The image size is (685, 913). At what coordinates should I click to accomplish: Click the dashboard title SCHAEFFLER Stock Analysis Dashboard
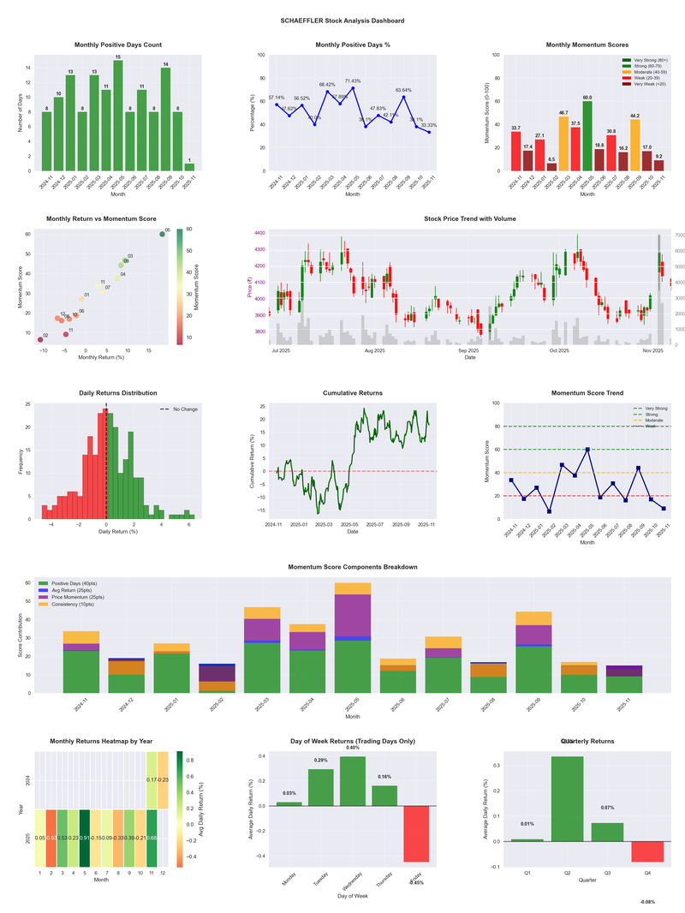coord(342,21)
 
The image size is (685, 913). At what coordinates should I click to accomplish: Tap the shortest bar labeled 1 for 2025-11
coord(189,166)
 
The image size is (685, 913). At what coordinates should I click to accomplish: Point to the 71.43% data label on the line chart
coord(353,81)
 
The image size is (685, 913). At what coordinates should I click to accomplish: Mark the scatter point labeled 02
coord(39,340)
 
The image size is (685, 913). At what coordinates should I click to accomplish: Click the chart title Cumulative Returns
coord(353,393)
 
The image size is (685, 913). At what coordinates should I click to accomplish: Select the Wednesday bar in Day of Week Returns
coord(353,780)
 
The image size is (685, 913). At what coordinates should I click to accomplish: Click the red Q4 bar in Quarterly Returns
coord(647,851)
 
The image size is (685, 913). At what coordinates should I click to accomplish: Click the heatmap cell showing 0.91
coord(84,838)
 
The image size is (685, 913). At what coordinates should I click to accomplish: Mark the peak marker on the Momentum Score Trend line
coord(587,449)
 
